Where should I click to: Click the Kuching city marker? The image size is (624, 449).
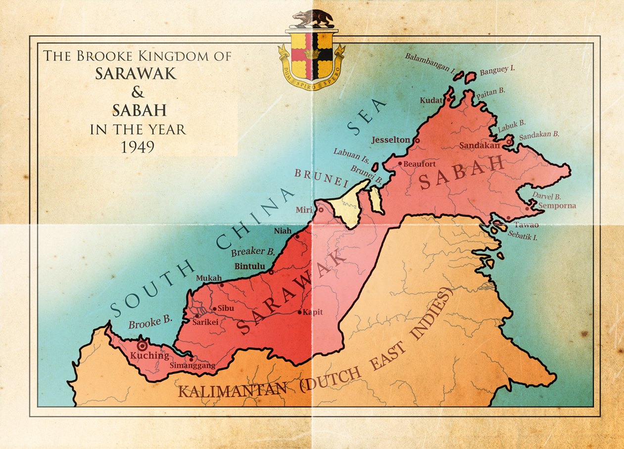[143, 346]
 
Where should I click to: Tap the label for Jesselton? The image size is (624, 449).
[391, 140]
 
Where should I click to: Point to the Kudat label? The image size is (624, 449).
[431, 100]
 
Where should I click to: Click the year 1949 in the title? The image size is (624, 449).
[138, 147]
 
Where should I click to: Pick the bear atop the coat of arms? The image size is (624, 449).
[311, 19]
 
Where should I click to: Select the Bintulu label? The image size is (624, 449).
[250, 266]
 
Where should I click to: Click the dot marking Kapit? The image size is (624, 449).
[299, 312]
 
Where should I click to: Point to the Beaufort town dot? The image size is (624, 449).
[400, 163]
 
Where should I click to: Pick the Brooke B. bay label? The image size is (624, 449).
[150, 322]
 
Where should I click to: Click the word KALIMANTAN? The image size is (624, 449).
[232, 391]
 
